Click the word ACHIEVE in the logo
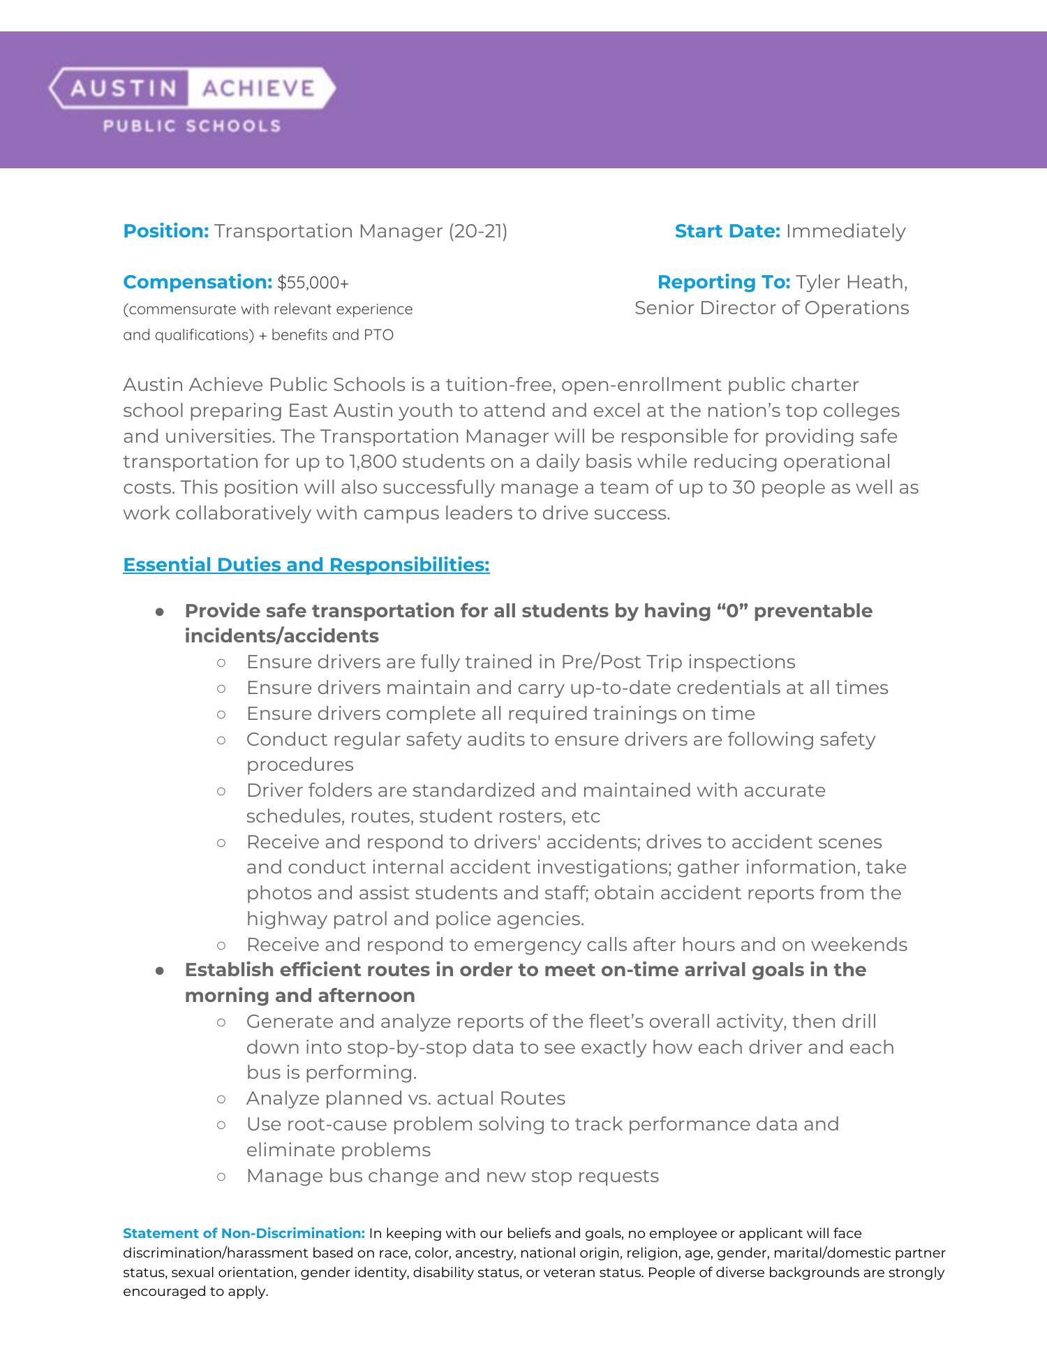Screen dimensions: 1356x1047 pyautogui.click(x=258, y=88)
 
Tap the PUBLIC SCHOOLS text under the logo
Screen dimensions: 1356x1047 pyautogui.click(x=192, y=126)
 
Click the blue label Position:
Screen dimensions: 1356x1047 pyautogui.click(x=165, y=231)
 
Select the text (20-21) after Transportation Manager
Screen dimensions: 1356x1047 pyautogui.click(x=477, y=231)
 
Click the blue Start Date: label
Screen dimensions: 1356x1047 pyautogui.click(x=727, y=231)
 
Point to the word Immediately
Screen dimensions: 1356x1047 pyautogui.click(x=845, y=231)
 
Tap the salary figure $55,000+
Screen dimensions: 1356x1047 pyautogui.click(x=313, y=283)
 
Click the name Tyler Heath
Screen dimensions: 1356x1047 pyautogui.click(x=850, y=282)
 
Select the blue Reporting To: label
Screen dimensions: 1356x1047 pyautogui.click(x=723, y=282)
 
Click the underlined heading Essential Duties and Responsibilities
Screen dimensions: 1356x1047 pyautogui.click(x=306, y=565)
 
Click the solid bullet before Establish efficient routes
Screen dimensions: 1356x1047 pyautogui.click(x=160, y=971)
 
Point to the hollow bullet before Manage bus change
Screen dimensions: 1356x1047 pyautogui.click(x=221, y=1176)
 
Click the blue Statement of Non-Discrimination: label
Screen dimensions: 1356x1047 pyautogui.click(x=244, y=1233)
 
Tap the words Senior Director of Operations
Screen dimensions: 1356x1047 pyautogui.click(x=771, y=308)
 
